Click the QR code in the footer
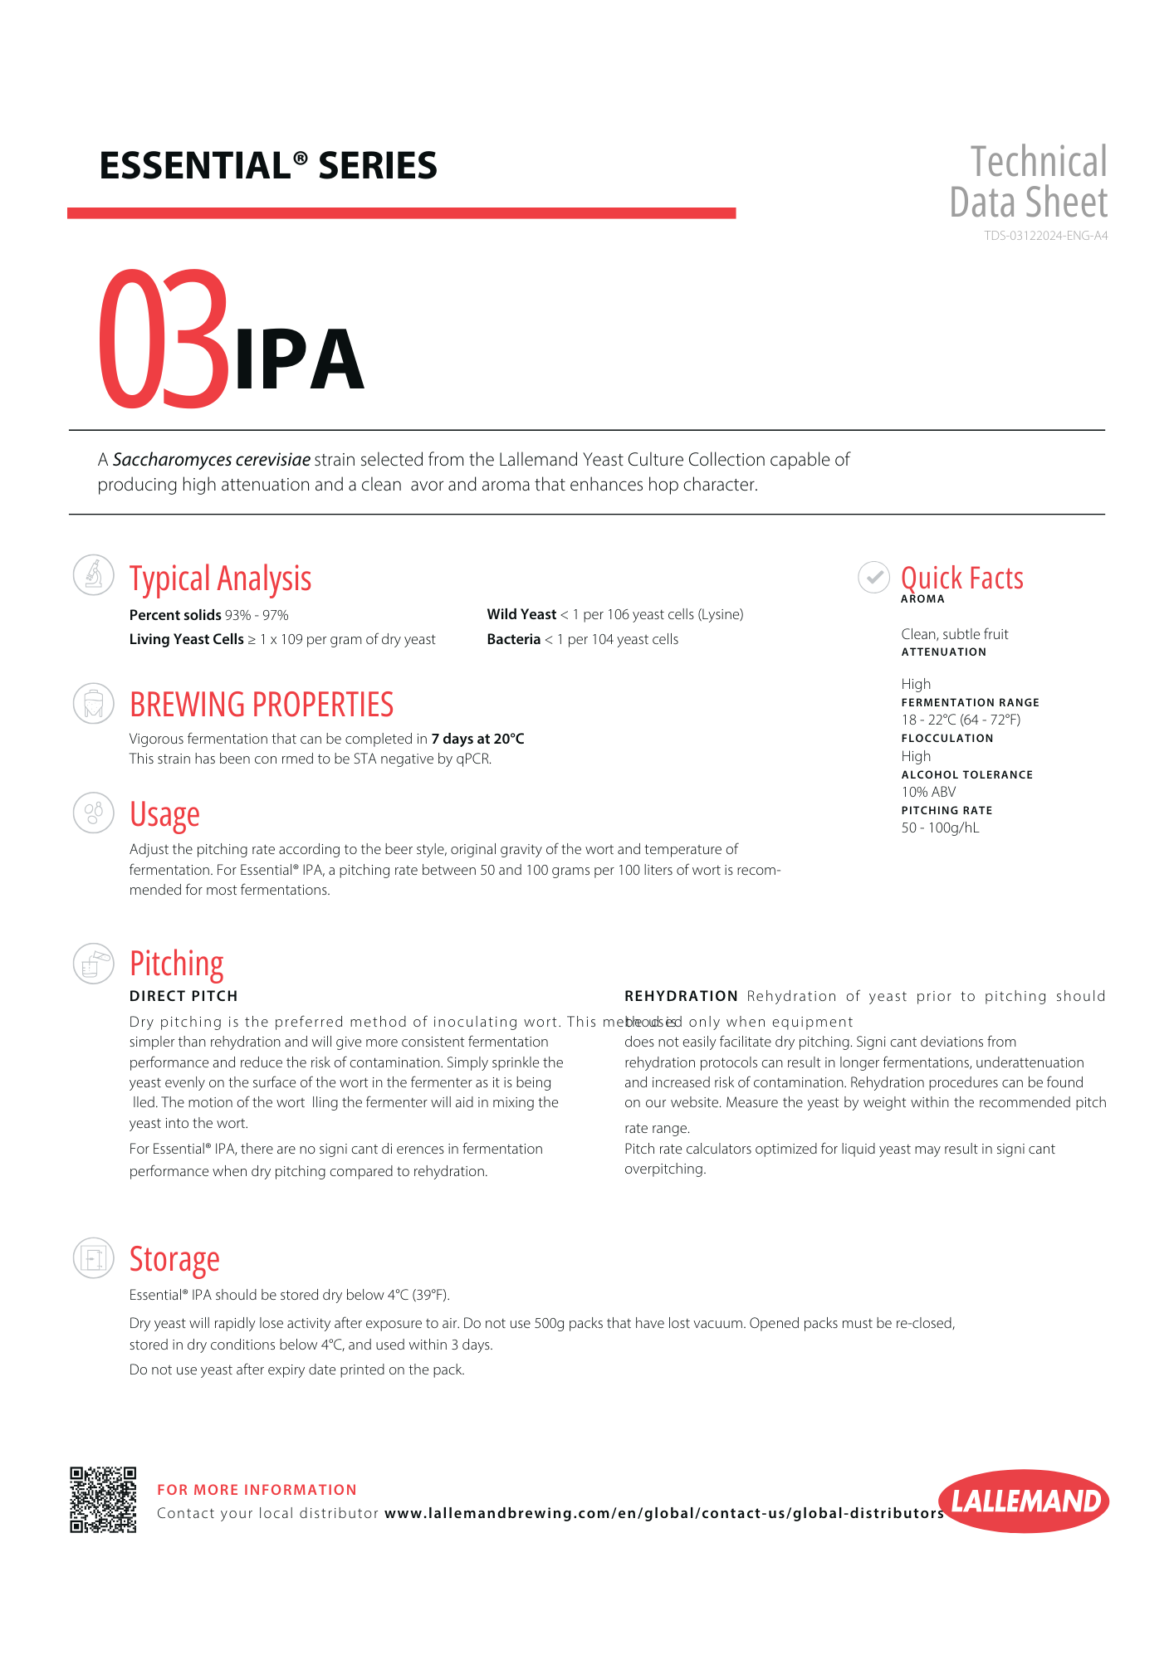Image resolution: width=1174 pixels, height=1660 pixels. point(103,1500)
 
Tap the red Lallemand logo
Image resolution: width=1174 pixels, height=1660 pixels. point(1025,1501)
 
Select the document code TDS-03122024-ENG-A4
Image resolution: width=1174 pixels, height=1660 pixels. point(1045,236)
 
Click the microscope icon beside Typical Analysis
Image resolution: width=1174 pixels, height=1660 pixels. point(94,574)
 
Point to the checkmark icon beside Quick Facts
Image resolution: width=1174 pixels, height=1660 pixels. point(873,577)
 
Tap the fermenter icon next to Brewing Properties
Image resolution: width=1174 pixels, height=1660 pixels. point(94,704)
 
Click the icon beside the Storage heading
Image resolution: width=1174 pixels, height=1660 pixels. point(94,1258)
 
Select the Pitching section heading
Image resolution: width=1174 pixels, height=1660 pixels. point(177,964)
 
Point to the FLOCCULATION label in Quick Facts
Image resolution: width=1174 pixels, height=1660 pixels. point(947,738)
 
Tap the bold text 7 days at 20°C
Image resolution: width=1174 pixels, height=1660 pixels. point(477,739)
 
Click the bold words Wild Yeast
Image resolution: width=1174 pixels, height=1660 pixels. point(521,614)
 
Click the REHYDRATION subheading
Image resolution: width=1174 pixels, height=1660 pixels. point(681,996)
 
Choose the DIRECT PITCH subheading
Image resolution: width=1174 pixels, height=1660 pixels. point(183,996)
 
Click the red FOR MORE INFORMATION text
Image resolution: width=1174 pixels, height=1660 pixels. point(257,1490)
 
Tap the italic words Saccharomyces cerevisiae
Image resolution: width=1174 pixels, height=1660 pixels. point(212,460)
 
